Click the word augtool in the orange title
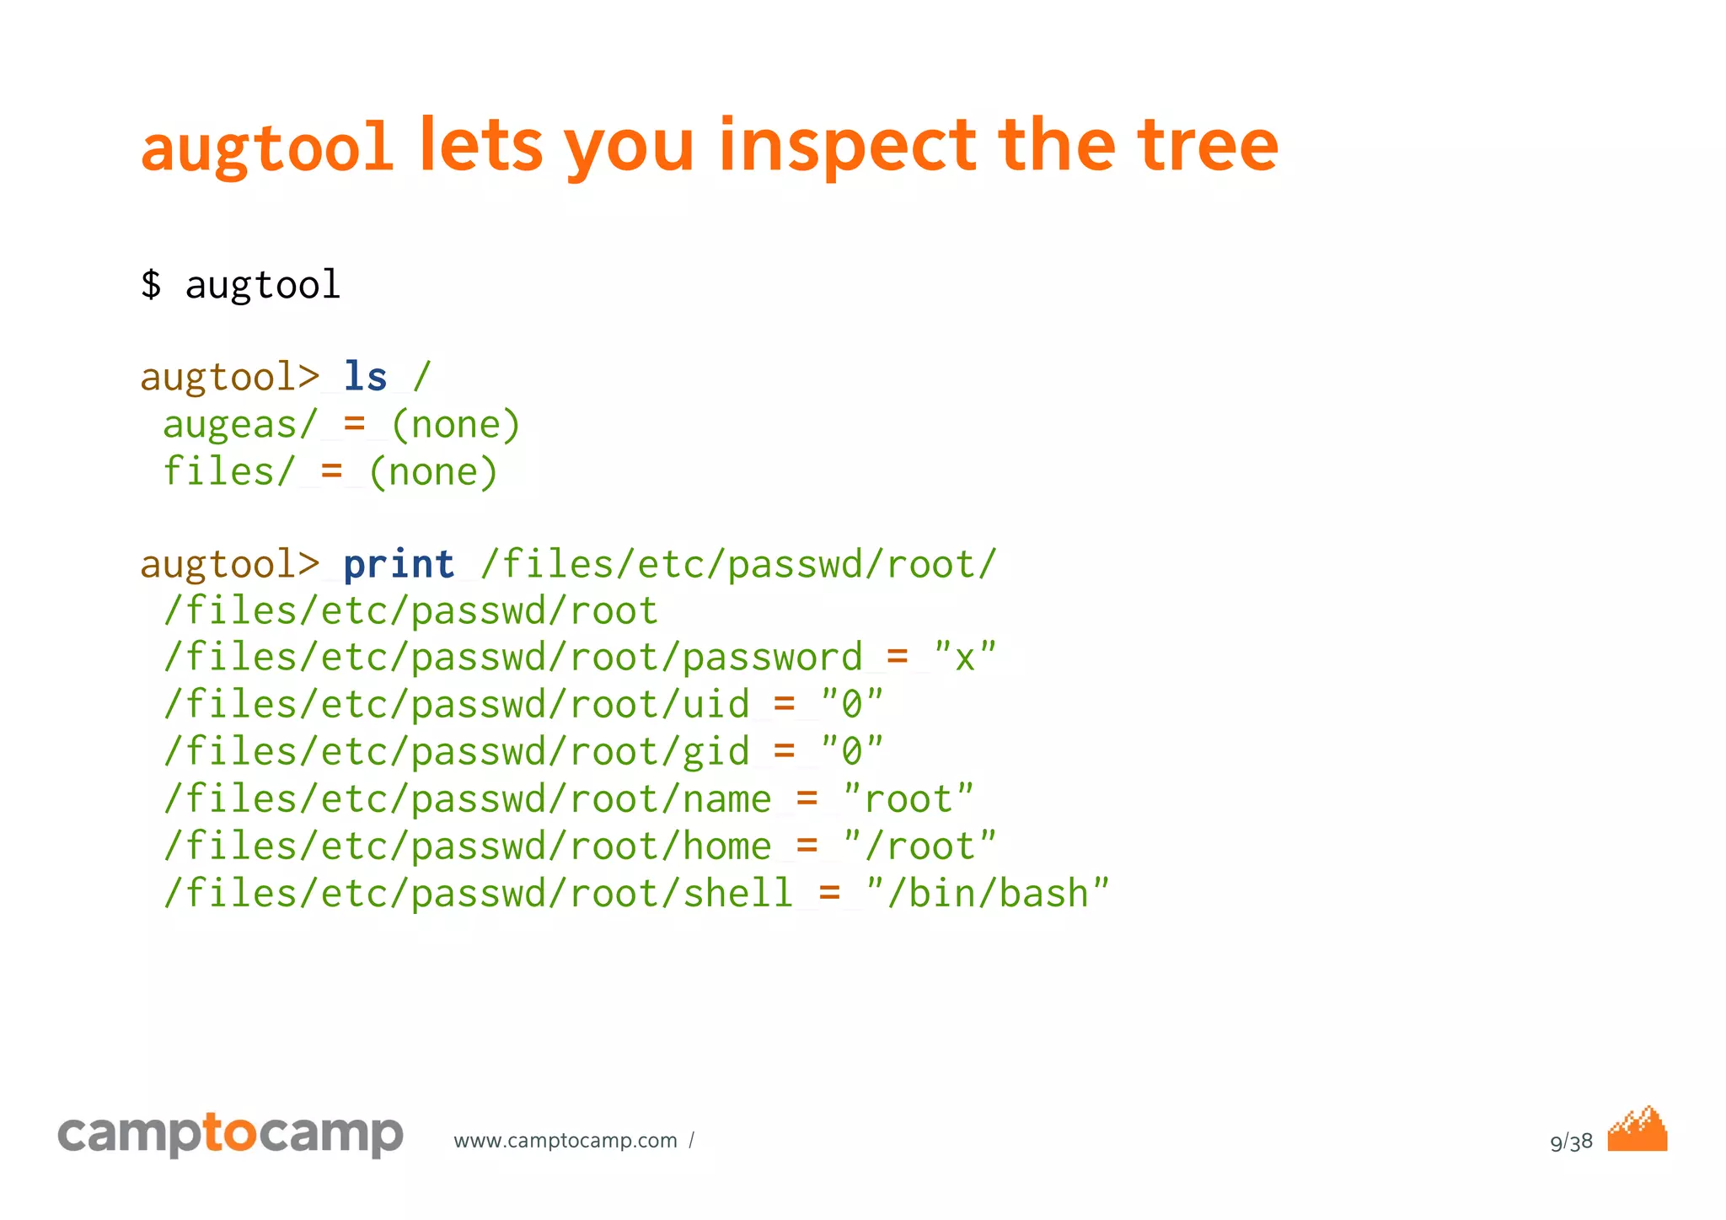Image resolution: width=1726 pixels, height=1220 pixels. [x=266, y=148]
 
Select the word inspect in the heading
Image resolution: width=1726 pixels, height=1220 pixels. [x=848, y=148]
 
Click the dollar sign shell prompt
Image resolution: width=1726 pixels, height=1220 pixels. [x=151, y=284]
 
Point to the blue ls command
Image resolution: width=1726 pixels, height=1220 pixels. [x=365, y=377]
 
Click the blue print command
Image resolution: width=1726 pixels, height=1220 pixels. [x=399, y=564]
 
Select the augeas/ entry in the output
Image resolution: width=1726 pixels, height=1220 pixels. [x=240, y=424]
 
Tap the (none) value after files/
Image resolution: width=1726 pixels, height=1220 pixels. [x=433, y=471]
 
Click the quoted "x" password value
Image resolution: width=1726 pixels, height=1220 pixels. [x=965, y=657]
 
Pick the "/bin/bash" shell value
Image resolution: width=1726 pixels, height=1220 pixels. [x=988, y=893]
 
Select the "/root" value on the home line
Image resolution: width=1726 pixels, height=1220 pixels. [x=919, y=846]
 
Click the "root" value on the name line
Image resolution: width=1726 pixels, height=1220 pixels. [x=909, y=798]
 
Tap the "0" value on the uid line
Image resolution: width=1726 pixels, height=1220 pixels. [x=852, y=704]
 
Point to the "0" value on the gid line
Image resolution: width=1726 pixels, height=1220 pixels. [x=852, y=751]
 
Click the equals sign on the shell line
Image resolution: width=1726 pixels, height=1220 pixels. [x=829, y=893]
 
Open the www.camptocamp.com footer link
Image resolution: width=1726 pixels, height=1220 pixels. [x=566, y=1141]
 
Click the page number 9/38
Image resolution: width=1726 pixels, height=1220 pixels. [x=1571, y=1142]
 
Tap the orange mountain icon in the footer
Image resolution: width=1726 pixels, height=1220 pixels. [x=1637, y=1130]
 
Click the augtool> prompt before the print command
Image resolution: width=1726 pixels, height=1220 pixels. [x=229, y=564]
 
